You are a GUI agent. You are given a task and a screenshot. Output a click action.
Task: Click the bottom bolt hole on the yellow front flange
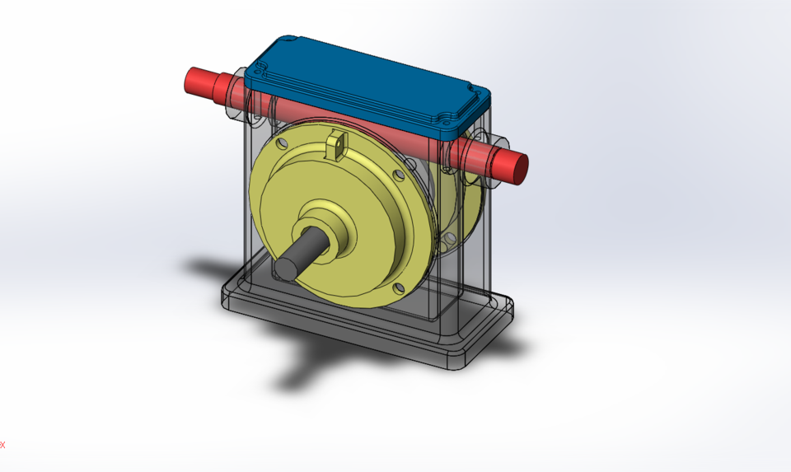click(398, 287)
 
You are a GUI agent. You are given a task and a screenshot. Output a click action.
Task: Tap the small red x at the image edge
click(2, 445)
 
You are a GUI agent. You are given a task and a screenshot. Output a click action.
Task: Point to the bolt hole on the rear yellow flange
click(448, 239)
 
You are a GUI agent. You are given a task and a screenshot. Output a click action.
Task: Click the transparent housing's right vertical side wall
click(478, 247)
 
